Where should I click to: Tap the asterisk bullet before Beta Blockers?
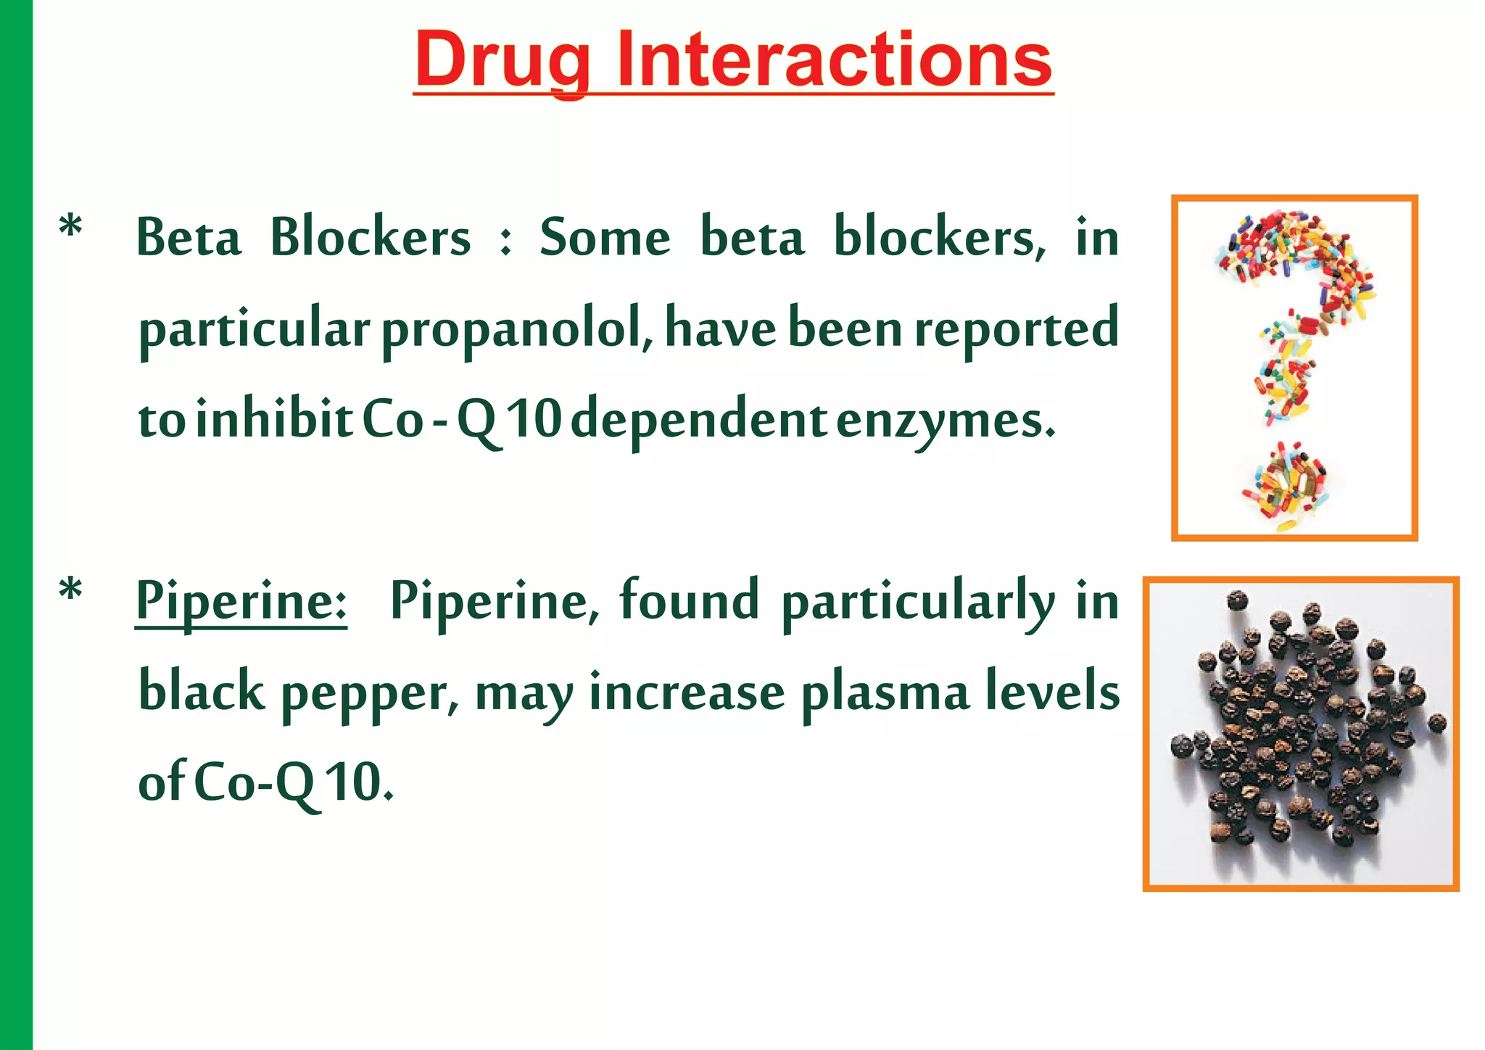pos(70,227)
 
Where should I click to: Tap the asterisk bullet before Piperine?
pos(70,590)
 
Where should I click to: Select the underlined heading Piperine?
pos(241,601)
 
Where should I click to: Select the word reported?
pos(1017,330)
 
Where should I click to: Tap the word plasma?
pos(885,693)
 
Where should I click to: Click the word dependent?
pos(698,421)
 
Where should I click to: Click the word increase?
pos(687,692)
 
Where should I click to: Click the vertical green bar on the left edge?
pos(16,525)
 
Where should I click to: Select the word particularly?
pos(918,603)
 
